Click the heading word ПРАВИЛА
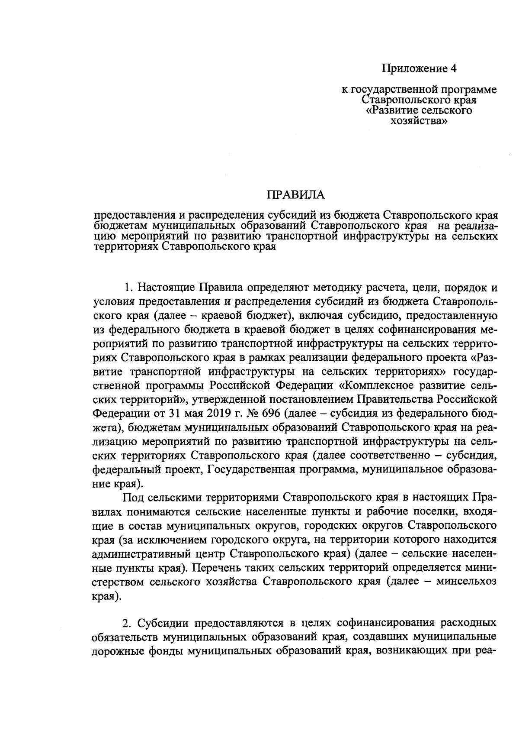coord(295,195)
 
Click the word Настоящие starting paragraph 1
coord(164,288)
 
